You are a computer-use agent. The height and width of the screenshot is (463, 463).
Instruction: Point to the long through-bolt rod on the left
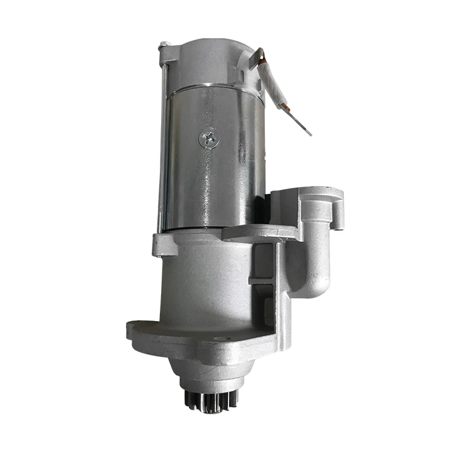tap(162, 142)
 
